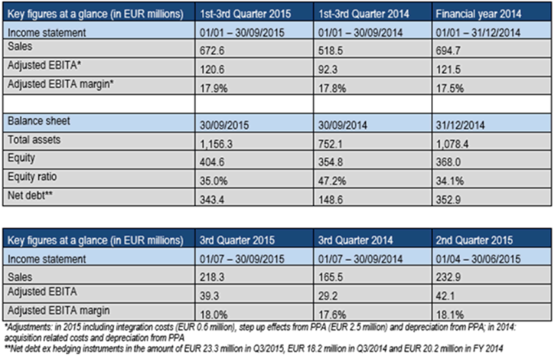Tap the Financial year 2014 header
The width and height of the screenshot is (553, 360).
click(479, 12)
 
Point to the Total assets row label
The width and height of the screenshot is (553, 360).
click(31, 140)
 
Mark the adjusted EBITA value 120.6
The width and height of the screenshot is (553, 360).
click(213, 68)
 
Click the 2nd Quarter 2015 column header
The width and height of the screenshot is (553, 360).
click(475, 240)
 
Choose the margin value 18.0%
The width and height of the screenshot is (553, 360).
click(213, 314)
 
